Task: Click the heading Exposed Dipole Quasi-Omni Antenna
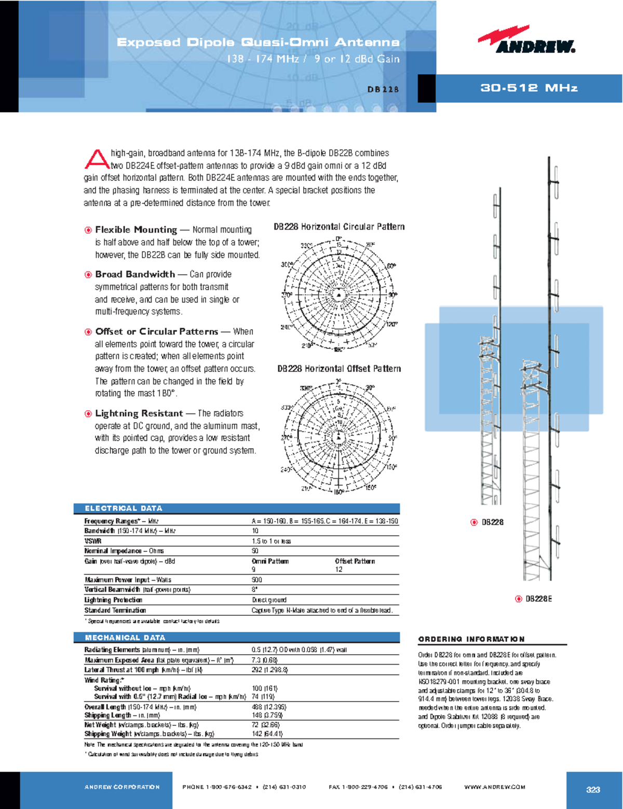pyautogui.click(x=258, y=42)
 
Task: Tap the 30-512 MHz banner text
pyautogui.click(x=529, y=88)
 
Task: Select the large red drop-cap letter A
pyautogui.click(x=96, y=159)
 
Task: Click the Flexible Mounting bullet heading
pyautogui.click(x=136, y=230)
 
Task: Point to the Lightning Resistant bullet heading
pyautogui.click(x=139, y=413)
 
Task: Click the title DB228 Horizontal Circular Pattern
pyautogui.click(x=339, y=226)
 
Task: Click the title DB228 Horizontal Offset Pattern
pyautogui.click(x=339, y=369)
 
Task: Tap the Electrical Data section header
pyautogui.click(x=124, y=508)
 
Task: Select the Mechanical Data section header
pyautogui.click(x=125, y=637)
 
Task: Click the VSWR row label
pyautogui.click(x=93, y=541)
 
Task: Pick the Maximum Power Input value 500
pyautogui.click(x=256, y=579)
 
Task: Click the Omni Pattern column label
pyautogui.click(x=270, y=561)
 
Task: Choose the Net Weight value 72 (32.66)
pyautogui.click(x=266, y=724)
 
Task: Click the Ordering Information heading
pyautogui.click(x=471, y=639)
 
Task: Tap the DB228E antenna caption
pyautogui.click(x=538, y=599)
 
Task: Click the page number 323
pyautogui.click(x=593, y=789)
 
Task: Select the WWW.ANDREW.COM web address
pyautogui.click(x=495, y=787)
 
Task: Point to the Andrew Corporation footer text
pyautogui.click(x=122, y=787)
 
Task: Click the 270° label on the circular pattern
pyautogui.click(x=286, y=295)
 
